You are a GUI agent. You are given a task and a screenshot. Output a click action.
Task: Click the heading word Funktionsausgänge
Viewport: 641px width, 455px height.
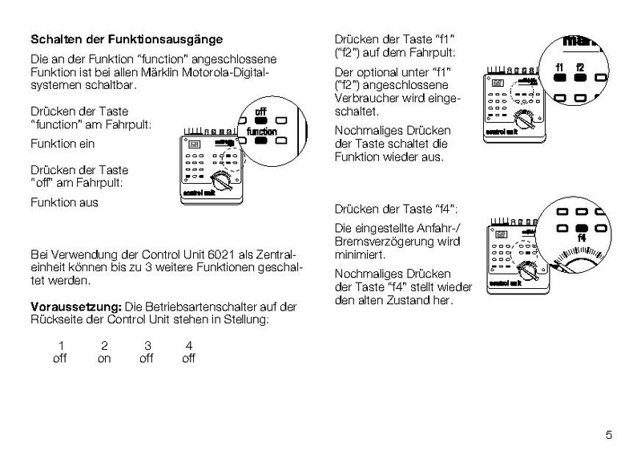point(174,39)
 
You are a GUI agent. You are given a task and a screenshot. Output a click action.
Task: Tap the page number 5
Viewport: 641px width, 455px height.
point(609,436)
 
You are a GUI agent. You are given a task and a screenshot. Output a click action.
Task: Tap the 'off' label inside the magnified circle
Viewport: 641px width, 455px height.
point(261,112)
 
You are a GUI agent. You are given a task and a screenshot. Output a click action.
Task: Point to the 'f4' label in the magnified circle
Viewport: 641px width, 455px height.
point(582,238)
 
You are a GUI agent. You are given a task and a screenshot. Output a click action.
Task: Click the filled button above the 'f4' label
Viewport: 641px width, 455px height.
point(582,227)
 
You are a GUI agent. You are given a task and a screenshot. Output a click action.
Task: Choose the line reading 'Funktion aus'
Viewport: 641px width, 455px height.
point(64,202)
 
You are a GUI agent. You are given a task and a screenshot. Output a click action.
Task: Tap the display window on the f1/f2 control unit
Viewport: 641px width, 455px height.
point(498,82)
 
